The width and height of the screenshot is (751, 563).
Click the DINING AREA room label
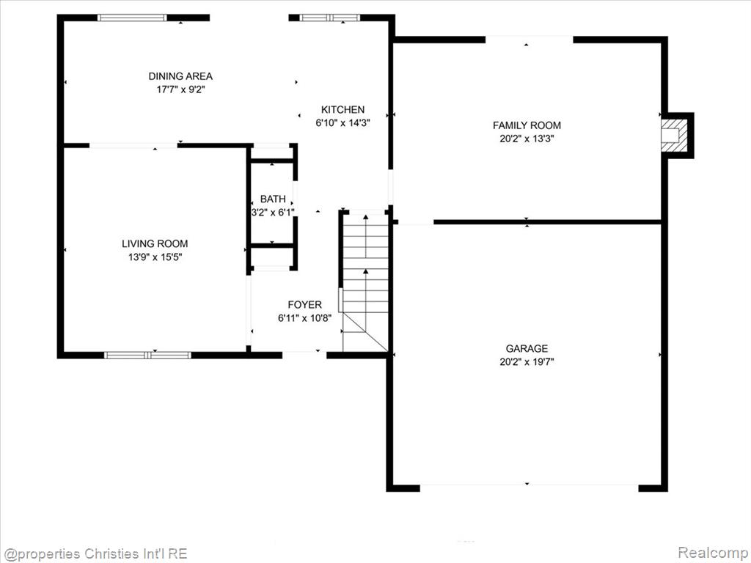tap(180, 76)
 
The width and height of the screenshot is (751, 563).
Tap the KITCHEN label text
tap(342, 110)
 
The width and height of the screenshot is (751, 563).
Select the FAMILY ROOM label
tap(527, 125)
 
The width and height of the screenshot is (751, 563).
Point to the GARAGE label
tap(527, 348)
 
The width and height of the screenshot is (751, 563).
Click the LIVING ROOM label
tap(155, 243)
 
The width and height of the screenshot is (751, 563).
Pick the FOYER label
tap(304, 304)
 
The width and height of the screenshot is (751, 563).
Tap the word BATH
tap(273, 199)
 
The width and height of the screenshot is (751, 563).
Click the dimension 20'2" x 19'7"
tap(527, 362)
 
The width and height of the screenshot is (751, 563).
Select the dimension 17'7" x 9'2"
tap(180, 89)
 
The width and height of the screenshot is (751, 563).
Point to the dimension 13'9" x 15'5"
tap(155, 257)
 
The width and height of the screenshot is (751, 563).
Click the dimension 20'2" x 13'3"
tap(527, 139)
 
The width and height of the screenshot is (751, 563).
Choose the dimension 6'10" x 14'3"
tap(342, 123)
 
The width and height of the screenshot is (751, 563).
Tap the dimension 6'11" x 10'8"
tap(304, 318)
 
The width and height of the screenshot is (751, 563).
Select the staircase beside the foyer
tap(365, 281)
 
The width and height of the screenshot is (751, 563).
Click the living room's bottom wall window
tap(147, 356)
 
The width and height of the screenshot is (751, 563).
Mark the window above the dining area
tap(132, 18)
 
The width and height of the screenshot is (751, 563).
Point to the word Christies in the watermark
tap(109, 554)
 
